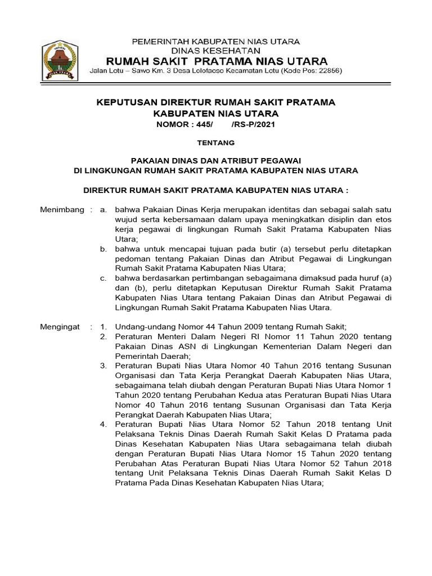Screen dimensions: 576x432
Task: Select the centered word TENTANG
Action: [216, 143]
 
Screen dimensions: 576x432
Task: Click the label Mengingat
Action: [61, 327]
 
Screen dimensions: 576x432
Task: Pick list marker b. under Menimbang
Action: [103, 249]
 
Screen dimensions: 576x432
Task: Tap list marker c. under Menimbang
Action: [103, 278]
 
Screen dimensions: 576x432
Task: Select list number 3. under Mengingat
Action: [103, 366]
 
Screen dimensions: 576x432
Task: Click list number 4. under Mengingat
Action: [103, 424]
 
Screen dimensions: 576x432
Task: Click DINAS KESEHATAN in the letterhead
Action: [215, 50]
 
